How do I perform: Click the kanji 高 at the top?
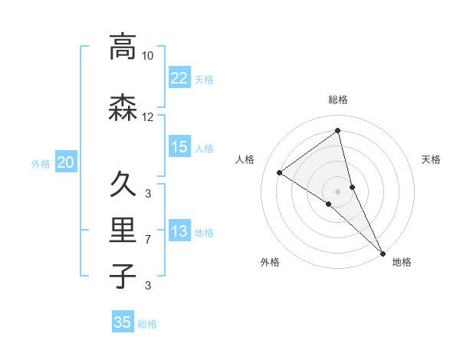pyautogui.click(x=123, y=47)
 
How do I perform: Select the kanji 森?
pyautogui.click(x=123, y=108)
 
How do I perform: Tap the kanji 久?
pyautogui.click(x=123, y=184)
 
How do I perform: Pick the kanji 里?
pyautogui.click(x=123, y=230)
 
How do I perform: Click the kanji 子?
pyautogui.click(x=123, y=276)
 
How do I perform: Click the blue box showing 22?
pyautogui.click(x=179, y=77)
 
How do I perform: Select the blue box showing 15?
pyautogui.click(x=179, y=147)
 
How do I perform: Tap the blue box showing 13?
pyautogui.click(x=179, y=232)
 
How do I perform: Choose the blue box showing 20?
pyautogui.click(x=66, y=162)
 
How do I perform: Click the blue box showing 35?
pyautogui.click(x=123, y=322)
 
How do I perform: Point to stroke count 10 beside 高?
pyautogui.click(x=148, y=56)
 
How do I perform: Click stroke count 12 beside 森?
pyautogui.click(x=148, y=117)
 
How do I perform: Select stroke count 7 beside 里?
pyautogui.click(x=148, y=240)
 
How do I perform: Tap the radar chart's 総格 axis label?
pyautogui.click(x=338, y=100)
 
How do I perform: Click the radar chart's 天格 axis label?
pyautogui.click(x=432, y=159)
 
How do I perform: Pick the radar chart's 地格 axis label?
pyautogui.click(x=402, y=263)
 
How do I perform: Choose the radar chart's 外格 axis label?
pyautogui.click(x=270, y=263)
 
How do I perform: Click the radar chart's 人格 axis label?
pyautogui.click(x=245, y=159)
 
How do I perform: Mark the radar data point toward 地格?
pyautogui.click(x=383, y=252)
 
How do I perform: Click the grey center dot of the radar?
pyautogui.click(x=338, y=191)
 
